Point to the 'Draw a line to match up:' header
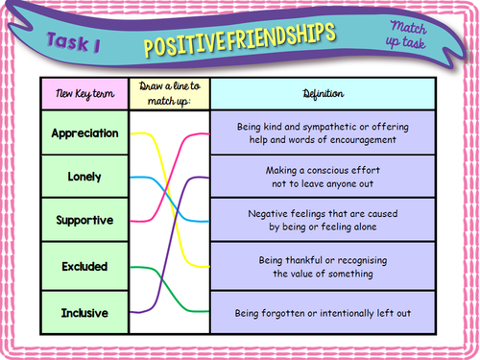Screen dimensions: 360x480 click(x=168, y=94)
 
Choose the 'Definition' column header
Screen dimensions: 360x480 click(x=322, y=94)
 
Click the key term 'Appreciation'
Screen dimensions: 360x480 click(x=84, y=132)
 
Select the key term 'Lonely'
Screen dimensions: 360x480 click(x=84, y=177)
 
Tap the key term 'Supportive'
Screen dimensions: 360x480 click(x=84, y=220)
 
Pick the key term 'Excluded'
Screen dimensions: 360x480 click(x=84, y=265)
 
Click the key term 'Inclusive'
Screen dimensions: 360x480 click(x=84, y=311)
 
